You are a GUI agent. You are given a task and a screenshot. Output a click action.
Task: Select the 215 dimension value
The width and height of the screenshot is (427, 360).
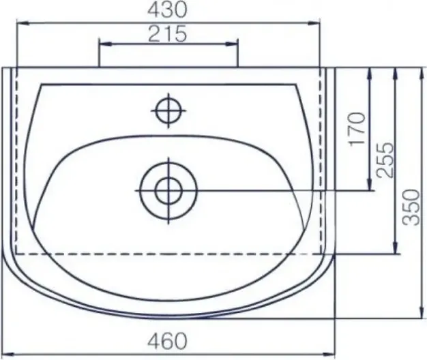168,33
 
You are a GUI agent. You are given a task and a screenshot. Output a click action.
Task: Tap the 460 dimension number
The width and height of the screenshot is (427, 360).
168,341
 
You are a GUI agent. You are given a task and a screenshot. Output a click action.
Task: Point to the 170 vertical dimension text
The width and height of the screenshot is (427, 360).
357,129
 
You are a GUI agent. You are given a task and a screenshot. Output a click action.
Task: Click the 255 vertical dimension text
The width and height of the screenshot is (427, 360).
385,160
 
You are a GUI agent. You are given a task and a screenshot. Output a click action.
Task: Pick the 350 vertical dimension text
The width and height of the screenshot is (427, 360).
411,207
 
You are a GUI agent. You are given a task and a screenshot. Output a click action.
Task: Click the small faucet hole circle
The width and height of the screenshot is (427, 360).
169,110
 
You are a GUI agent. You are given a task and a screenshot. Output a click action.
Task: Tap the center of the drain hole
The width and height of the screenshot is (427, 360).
168,191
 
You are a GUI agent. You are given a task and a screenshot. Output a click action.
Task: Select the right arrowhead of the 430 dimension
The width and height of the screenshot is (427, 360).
314,23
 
